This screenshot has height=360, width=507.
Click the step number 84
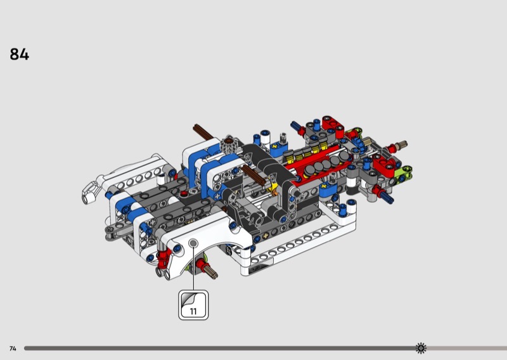[x=20, y=55]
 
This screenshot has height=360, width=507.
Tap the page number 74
[x=13, y=349]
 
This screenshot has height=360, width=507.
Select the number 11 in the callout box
[x=193, y=311]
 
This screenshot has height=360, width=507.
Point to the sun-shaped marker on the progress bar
[x=421, y=348]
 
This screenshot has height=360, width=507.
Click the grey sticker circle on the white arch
[x=193, y=243]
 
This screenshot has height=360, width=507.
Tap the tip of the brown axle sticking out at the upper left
[x=195, y=127]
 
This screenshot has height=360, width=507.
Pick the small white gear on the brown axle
[x=229, y=143]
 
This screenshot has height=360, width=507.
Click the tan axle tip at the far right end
[x=402, y=144]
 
